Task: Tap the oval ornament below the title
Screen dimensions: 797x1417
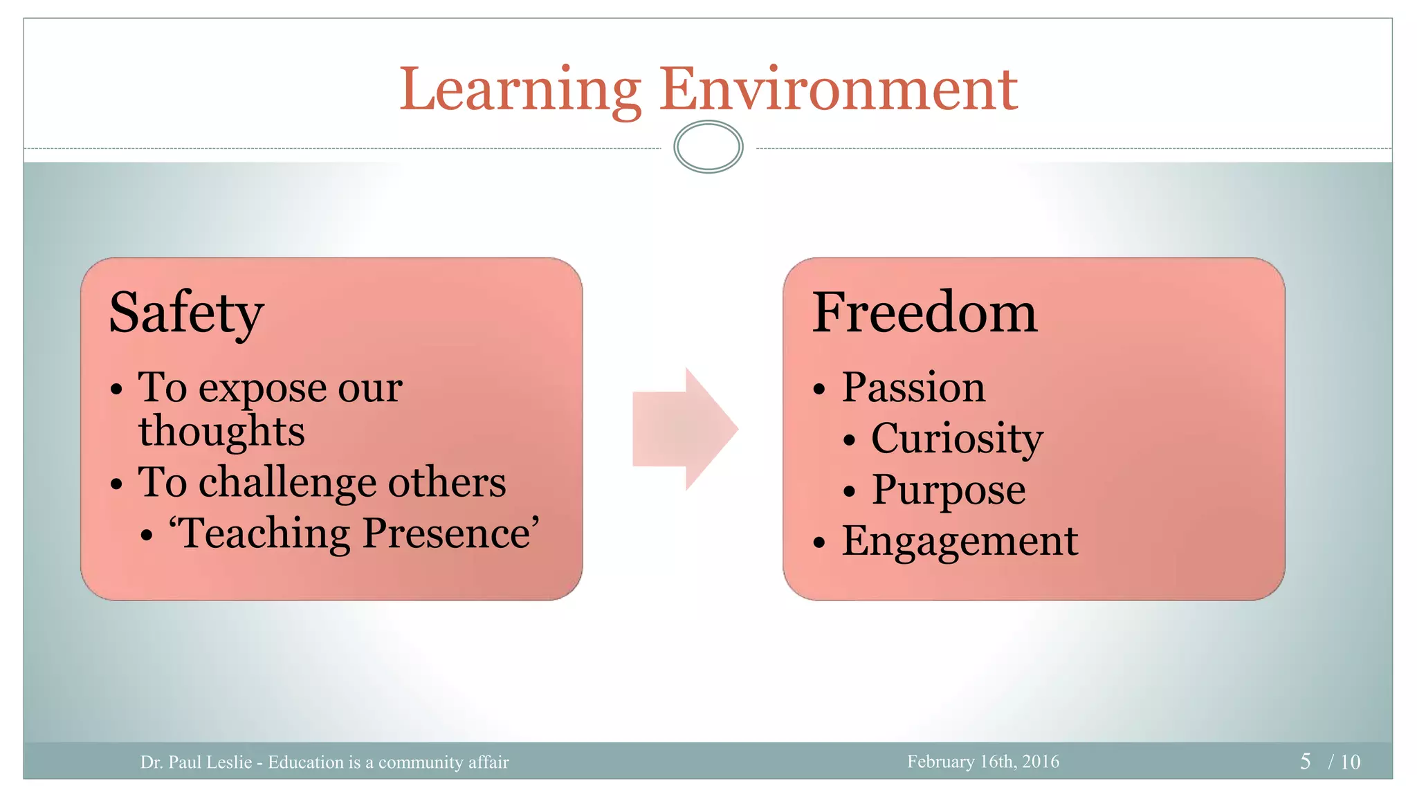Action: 708,147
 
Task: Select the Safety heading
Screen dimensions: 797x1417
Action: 186,313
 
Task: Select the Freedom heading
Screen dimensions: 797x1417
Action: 924,313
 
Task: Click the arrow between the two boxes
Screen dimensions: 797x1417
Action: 684,429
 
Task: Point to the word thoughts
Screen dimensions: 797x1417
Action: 221,432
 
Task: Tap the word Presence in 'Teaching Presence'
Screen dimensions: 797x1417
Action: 450,533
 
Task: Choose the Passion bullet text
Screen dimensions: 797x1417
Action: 913,387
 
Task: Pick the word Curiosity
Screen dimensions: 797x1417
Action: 957,439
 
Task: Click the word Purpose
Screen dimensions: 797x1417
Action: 949,490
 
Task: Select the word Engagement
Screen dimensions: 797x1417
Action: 960,541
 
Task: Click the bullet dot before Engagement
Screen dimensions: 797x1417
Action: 820,542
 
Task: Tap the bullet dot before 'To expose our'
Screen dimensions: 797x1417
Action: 117,390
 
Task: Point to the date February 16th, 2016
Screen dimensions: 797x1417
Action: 983,762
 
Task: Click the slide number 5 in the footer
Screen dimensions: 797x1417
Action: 1305,762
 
